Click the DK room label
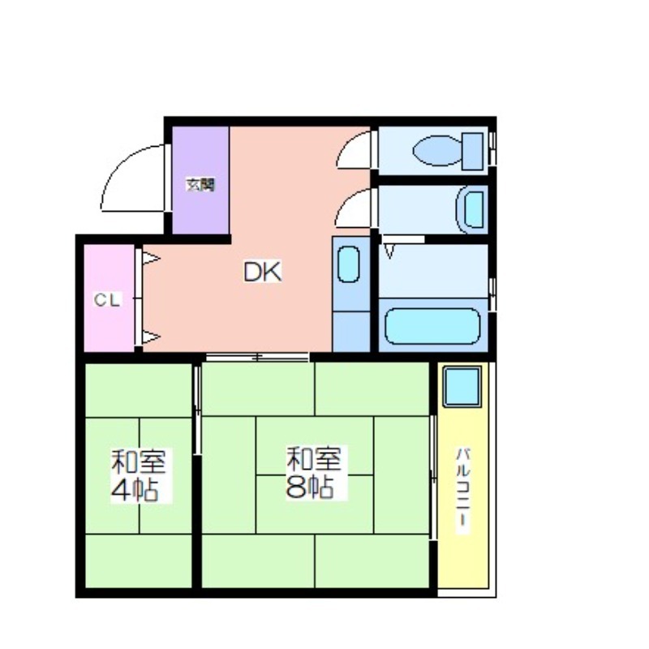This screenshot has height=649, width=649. click(x=262, y=272)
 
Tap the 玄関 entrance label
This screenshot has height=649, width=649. click(x=200, y=185)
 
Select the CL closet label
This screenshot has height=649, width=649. click(x=107, y=300)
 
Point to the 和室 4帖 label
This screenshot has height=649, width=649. click(x=139, y=475)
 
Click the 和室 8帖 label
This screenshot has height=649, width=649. click(x=314, y=472)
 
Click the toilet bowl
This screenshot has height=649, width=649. click(x=437, y=151)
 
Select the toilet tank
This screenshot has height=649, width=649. click(x=472, y=151)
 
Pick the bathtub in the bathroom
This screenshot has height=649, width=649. click(x=433, y=326)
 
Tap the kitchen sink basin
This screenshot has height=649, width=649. click(x=349, y=264)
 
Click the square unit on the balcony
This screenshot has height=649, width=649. click(x=462, y=387)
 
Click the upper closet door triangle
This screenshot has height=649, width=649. click(x=151, y=259)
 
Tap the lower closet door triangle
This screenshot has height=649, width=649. click(x=151, y=337)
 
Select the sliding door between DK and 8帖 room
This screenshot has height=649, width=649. click(x=257, y=357)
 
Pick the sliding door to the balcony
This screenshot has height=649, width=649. click(x=433, y=477)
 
